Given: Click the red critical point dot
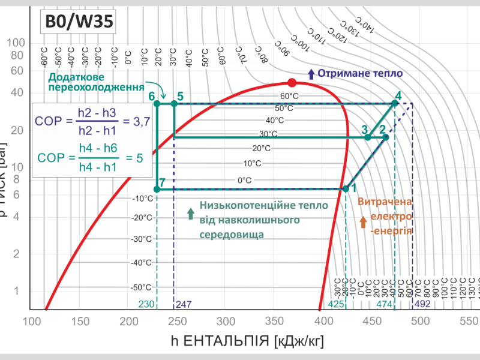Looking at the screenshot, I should pos(292,82).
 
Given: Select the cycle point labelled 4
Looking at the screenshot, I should pos(394,103).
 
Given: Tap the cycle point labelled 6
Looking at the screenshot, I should pos(157,103).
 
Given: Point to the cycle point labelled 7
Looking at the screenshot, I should pos(157,189).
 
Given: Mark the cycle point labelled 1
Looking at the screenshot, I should pos(346,189).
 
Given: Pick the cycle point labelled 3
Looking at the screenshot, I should pos(368,137).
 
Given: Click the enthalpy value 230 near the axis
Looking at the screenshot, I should pos(146,304).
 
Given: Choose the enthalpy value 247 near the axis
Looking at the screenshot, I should pos(184,304).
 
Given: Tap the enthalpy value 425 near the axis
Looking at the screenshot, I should pos(336,304).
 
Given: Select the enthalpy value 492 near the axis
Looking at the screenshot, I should pos(423,304).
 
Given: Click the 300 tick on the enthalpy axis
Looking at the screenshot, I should pos(226,322).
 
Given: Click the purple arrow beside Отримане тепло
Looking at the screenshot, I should pos(311,74).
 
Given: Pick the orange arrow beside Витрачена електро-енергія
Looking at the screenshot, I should pos(363,222).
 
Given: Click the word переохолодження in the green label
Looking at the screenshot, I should pos(95,88).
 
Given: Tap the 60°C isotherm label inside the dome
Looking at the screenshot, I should pos(289,96).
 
